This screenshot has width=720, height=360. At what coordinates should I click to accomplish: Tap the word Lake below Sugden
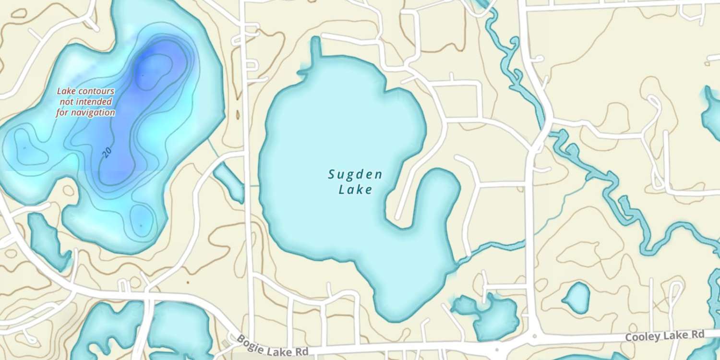click(x=355, y=190)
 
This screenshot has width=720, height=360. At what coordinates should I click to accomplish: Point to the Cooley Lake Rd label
click(x=664, y=336)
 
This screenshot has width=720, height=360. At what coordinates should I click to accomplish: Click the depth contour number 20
click(x=108, y=152)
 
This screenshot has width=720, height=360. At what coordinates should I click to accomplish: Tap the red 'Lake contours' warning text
click(x=86, y=91)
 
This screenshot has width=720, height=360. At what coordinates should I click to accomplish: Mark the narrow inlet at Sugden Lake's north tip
click(x=315, y=50)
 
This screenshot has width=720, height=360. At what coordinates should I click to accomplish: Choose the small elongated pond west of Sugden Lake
click(x=229, y=182)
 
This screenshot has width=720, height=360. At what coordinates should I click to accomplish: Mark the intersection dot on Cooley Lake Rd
click(x=534, y=336)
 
